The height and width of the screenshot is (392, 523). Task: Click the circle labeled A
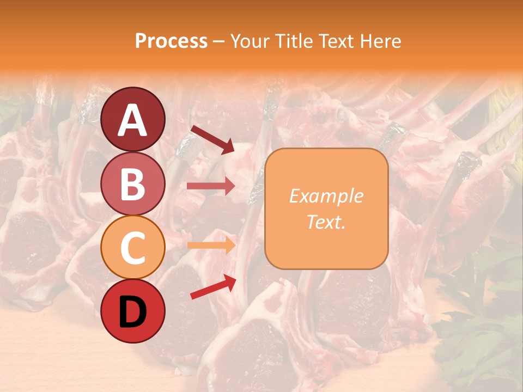pos(132,119)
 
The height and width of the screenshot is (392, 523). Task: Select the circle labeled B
pos(132,183)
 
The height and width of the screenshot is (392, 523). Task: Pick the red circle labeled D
pos(132,311)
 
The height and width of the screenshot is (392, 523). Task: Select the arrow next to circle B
pos(211,186)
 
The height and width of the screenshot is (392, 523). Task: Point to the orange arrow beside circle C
pos(211,246)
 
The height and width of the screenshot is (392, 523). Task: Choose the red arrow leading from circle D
pos(213,287)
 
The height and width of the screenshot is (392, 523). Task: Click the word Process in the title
pos(171,41)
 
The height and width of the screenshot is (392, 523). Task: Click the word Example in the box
pos(326,196)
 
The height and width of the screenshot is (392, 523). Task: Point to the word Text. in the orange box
pos(326,222)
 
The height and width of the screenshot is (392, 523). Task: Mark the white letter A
pos(132,120)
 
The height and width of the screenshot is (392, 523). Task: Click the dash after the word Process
pos(219,42)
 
